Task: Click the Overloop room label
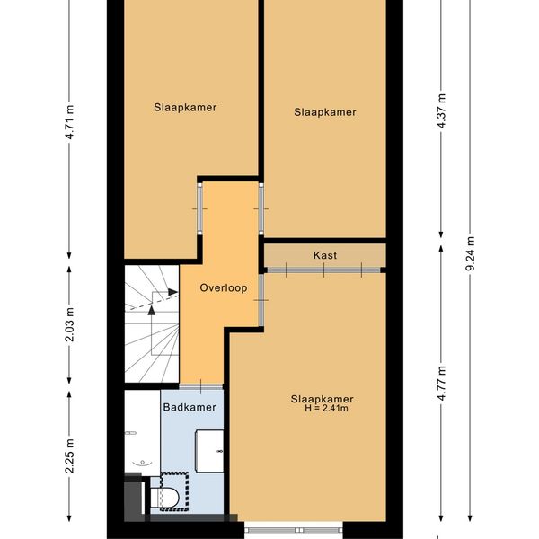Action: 224,287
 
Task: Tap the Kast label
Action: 325,255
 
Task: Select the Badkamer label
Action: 190,407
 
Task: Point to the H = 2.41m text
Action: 326,409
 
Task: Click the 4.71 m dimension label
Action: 69,122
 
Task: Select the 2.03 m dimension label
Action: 69,325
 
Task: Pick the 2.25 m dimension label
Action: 69,456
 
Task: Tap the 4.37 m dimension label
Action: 441,111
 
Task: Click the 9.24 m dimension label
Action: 470,253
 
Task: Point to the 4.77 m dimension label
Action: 441,384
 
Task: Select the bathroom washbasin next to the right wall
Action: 209,451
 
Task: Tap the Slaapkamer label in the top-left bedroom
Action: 185,108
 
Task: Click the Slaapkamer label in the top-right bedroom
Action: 325,112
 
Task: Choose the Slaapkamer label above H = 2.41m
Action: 323,399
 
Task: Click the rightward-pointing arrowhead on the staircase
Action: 173,292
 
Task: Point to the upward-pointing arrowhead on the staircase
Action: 151,311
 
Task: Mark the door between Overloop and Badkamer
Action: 201,386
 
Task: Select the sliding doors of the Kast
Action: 323,270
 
